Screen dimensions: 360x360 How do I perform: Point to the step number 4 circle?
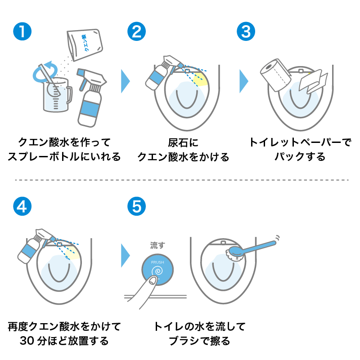pos(22,206)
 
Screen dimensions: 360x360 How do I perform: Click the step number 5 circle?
pos(137,206)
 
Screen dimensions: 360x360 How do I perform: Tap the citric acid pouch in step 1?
pos(85,44)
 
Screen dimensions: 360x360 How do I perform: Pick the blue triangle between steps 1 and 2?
pos(125,81)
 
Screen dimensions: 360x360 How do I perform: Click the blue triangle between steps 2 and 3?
pos(243,81)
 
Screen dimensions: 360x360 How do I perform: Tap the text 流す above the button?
pos(157,245)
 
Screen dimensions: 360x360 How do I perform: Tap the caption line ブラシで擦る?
pos(199,341)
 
